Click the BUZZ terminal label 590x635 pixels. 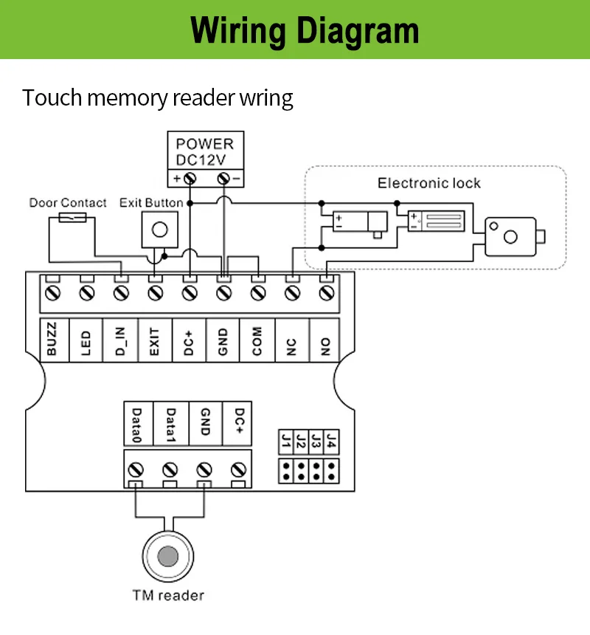[x=52, y=340]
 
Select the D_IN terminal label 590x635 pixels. [x=120, y=340]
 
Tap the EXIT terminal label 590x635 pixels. [x=155, y=341]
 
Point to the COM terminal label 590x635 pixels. [x=257, y=341]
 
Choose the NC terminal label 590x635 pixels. [x=291, y=346]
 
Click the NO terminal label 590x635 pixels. [x=325, y=346]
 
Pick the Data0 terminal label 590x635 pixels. [x=137, y=425]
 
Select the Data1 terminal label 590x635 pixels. [x=171, y=425]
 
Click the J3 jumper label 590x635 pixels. [x=316, y=442]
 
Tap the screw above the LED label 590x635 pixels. [x=86, y=293]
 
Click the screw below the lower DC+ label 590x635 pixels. [x=239, y=470]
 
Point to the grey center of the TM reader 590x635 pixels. [x=168, y=556]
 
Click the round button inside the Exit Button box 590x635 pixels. [x=160, y=230]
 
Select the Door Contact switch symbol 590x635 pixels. [x=72, y=218]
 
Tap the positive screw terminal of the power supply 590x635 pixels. [x=190, y=178]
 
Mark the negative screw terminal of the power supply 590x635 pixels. [x=223, y=178]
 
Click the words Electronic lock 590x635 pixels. [x=429, y=183]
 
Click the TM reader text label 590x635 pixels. [x=168, y=595]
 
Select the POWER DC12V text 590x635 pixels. [x=205, y=152]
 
